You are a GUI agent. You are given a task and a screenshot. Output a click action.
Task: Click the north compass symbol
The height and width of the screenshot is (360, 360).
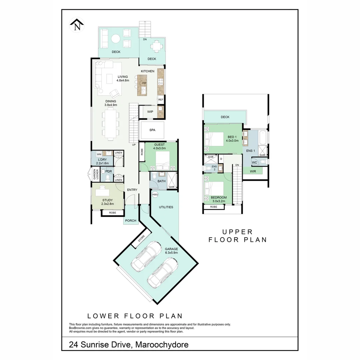pos(77,26)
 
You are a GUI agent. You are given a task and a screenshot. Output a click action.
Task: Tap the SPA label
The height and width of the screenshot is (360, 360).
pos(152,130)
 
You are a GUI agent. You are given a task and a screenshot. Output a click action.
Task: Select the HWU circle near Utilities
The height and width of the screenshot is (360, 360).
pos(155,194)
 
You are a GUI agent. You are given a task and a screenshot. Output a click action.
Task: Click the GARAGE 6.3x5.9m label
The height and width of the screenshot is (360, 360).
pos(171,251)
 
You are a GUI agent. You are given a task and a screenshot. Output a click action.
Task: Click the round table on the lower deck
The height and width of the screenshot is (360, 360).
pos(115,39)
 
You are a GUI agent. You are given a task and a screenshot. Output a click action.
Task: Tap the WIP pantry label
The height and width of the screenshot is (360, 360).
pos(150,112)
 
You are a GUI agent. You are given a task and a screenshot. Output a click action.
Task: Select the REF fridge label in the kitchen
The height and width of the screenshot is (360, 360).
pos(161,100)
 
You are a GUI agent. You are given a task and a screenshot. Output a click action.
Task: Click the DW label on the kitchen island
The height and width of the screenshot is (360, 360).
pos(144,83)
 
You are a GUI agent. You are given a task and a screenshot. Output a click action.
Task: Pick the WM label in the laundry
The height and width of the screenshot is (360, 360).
pos(99,154)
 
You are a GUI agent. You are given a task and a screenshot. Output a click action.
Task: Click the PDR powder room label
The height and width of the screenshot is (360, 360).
pos(108,171)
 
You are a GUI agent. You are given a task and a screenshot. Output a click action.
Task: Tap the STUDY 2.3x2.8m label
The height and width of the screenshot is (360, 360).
pos(108,202)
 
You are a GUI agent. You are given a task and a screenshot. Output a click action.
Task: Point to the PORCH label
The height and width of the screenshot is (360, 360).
pos(131,221)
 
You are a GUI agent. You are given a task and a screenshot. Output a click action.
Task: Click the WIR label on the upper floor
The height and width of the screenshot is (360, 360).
pos(253,171)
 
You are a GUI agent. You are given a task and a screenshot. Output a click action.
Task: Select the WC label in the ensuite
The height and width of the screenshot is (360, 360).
pos(254,163)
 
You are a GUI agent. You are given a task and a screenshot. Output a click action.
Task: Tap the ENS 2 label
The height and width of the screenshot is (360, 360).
pos(214,168)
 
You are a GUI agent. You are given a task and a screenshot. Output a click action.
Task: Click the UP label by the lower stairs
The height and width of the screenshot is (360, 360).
pos(134,145)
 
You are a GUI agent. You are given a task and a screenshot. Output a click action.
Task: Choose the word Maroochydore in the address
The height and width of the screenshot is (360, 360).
pos(162,344)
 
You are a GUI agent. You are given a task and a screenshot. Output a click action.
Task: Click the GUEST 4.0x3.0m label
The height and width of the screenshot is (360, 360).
pos(159,146)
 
